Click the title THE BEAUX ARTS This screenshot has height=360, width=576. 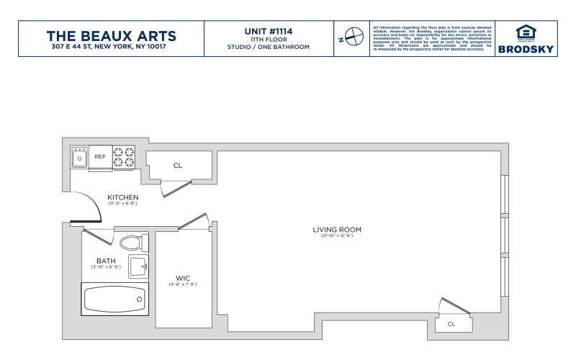[x=111, y=35]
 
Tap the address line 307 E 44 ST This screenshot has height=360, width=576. [x=111, y=48]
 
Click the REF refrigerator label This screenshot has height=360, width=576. [x=100, y=156]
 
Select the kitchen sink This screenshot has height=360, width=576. [x=79, y=157]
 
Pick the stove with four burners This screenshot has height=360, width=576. [x=125, y=157]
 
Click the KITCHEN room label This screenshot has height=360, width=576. [x=122, y=197]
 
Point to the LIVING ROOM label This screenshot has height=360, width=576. [x=336, y=230]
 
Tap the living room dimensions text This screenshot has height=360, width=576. [x=336, y=237]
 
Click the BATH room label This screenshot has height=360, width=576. [x=106, y=261]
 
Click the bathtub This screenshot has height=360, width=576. [x=113, y=298]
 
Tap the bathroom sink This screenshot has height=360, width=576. [x=138, y=266]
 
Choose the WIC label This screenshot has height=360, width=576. [x=182, y=278]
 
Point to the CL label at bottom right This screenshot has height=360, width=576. [x=451, y=324]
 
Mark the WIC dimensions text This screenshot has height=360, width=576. [x=182, y=284]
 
